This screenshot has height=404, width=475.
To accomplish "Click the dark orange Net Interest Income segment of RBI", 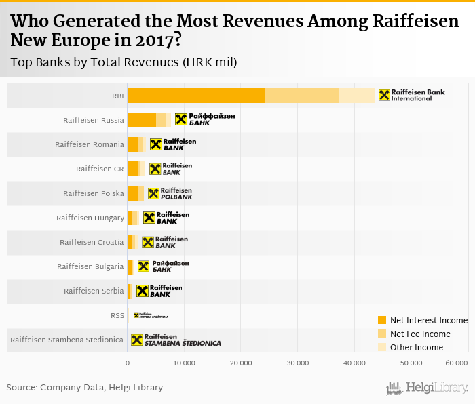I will [x=196, y=96].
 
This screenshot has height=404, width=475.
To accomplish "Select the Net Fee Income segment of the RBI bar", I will [x=302, y=96].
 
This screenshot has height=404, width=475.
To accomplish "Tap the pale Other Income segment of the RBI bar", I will [x=356, y=96].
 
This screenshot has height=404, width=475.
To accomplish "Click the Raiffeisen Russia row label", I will [x=94, y=120].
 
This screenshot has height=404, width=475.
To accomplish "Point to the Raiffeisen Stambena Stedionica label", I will [x=67, y=340].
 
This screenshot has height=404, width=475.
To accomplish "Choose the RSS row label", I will [x=117, y=315].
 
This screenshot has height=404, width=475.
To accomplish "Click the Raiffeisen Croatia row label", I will [x=92, y=242].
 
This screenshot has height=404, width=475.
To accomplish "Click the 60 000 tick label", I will [x=455, y=365].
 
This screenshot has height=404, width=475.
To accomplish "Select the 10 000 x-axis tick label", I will [x=184, y=365].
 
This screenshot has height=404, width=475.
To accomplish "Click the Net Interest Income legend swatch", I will [x=381, y=320].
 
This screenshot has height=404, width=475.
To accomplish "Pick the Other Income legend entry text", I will [x=417, y=347].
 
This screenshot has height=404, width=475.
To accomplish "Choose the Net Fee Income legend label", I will [x=420, y=334].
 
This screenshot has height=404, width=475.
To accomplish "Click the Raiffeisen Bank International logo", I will [x=411, y=96].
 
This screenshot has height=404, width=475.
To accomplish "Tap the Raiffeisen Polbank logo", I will [x=170, y=193].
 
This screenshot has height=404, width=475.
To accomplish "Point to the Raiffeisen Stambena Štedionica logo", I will [x=176, y=340].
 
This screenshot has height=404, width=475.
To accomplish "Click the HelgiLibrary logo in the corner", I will [x=427, y=388].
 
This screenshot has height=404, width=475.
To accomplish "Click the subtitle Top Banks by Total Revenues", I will [x=123, y=62].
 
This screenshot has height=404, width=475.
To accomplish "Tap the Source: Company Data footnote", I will [x=85, y=387].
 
